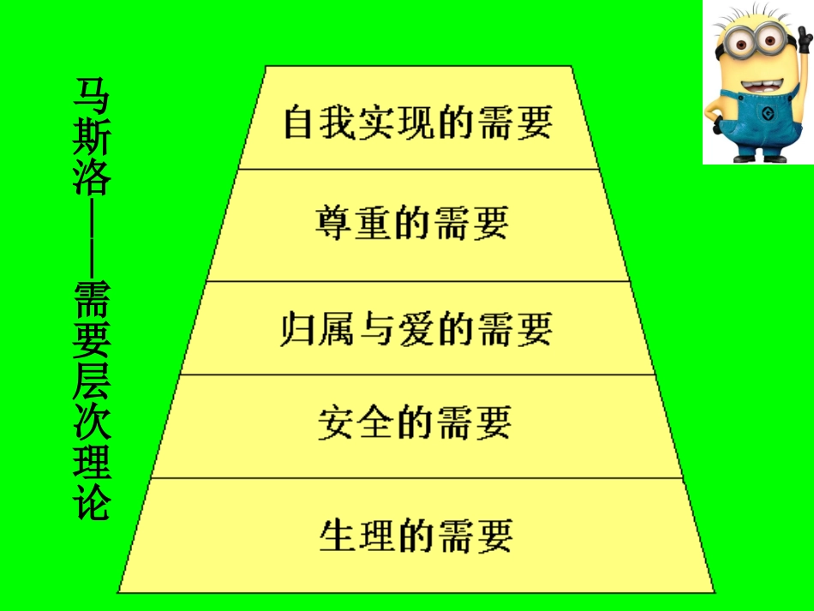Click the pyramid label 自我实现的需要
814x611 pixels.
point(417,123)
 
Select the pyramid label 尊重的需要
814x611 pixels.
point(412,223)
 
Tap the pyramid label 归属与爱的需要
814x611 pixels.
point(416,329)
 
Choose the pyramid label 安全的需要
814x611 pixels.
point(414,422)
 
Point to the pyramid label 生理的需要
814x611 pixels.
point(416,536)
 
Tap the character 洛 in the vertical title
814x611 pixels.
point(92,177)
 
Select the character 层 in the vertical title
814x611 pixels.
point(92,383)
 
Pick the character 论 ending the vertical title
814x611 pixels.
point(92,502)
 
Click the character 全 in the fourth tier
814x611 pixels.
point(375,422)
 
